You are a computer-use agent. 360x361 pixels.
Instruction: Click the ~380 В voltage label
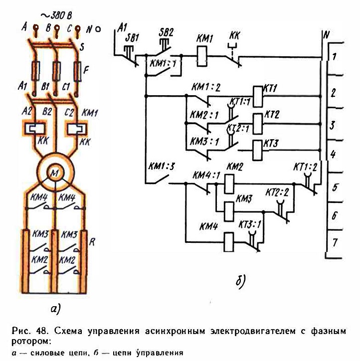point(56,15)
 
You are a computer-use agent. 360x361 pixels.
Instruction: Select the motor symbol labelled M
point(55,173)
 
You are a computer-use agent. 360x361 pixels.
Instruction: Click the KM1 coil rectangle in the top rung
point(202,56)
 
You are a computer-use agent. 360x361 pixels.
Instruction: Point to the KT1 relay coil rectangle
point(258,96)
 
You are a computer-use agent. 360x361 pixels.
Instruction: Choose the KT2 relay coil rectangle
point(258,124)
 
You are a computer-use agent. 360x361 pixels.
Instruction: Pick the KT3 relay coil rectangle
point(257,150)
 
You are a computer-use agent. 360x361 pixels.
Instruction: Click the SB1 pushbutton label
point(132,38)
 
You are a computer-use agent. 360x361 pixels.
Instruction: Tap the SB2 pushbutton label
point(166,32)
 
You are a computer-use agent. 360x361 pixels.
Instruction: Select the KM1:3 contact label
point(162,167)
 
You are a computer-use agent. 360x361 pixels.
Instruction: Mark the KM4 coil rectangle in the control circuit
point(228,242)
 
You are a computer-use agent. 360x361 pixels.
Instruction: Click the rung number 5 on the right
point(335,187)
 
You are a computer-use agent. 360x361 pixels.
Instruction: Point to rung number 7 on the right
point(335,242)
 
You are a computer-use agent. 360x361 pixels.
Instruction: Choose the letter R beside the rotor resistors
point(92,242)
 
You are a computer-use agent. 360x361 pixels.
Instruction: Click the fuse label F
point(86,70)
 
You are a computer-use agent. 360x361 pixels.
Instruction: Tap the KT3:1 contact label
point(250,224)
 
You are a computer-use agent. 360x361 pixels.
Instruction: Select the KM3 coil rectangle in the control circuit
point(229,211)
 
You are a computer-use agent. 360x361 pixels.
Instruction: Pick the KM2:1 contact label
point(204,115)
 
